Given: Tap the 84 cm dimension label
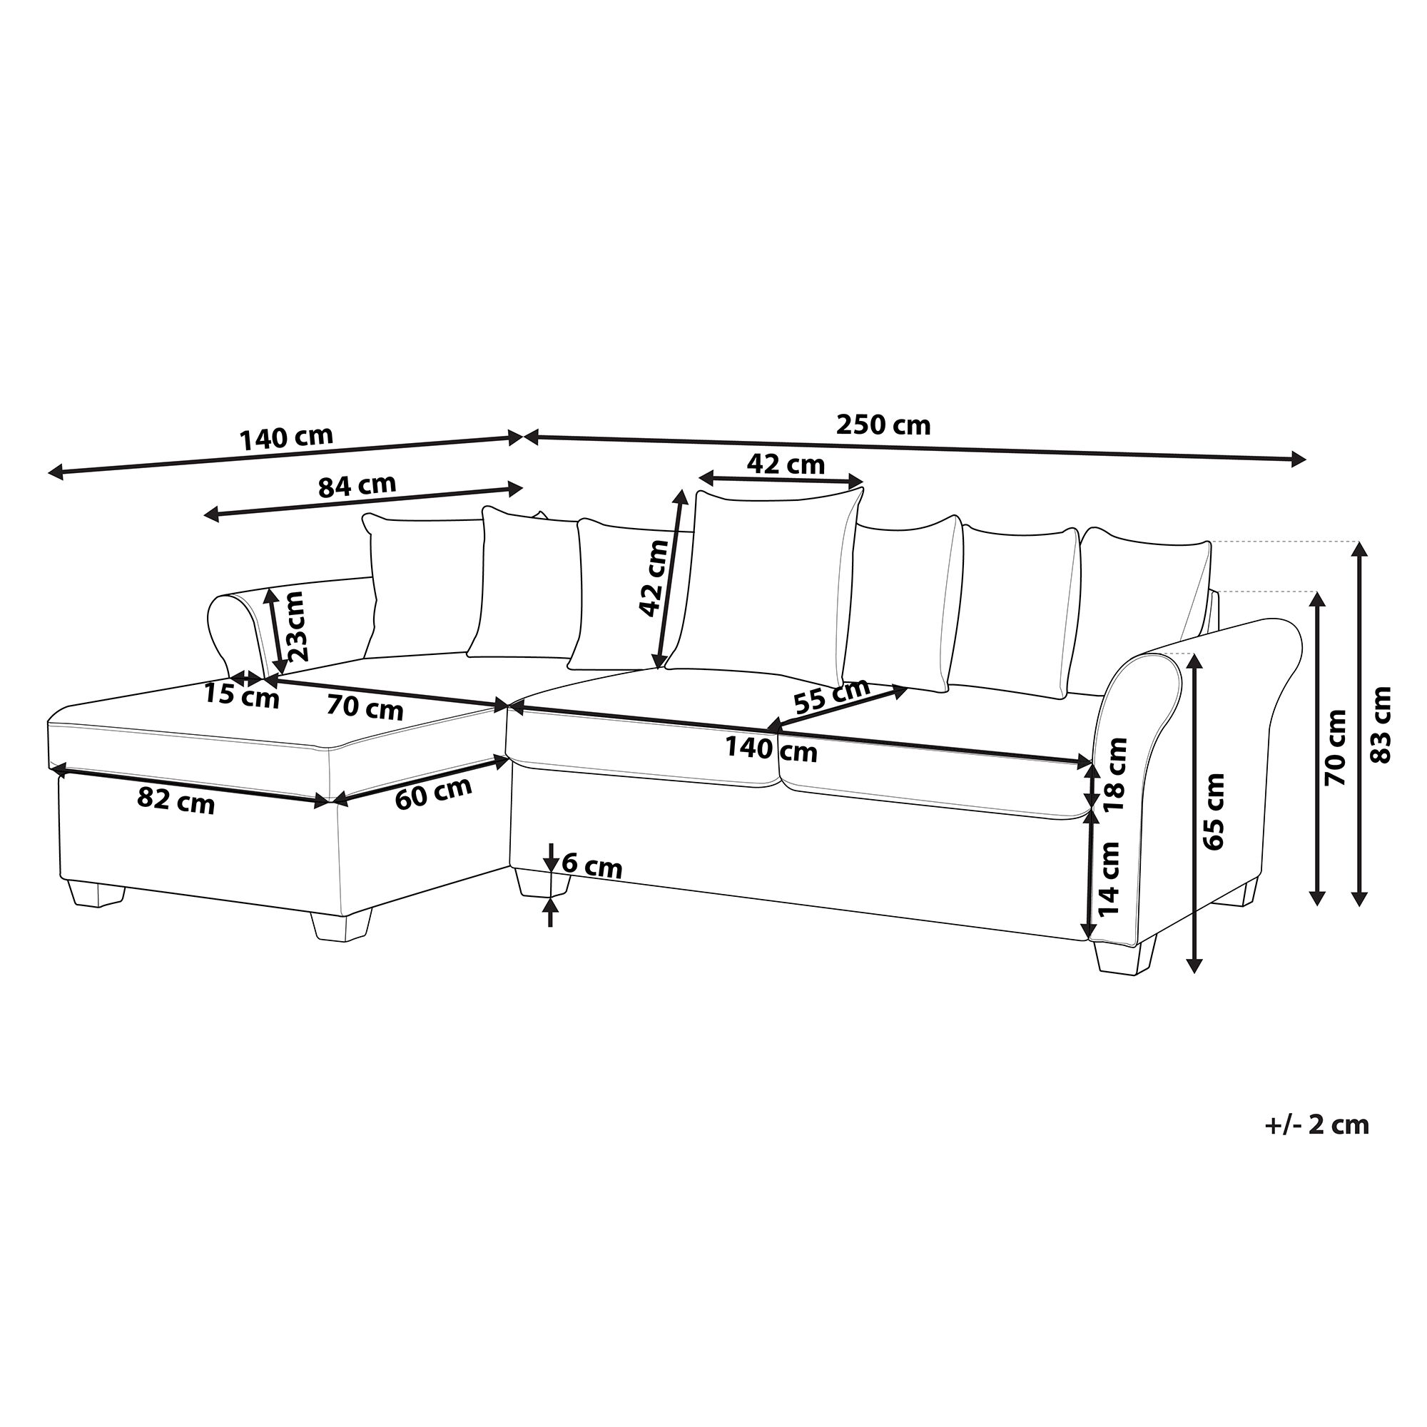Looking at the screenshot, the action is click(x=357, y=486).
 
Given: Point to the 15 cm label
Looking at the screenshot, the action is click(x=242, y=696).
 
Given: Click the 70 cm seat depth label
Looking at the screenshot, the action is click(x=365, y=709).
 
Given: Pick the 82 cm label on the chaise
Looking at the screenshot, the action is click(x=176, y=801).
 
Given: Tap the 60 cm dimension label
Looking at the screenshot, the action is click(x=433, y=793).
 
